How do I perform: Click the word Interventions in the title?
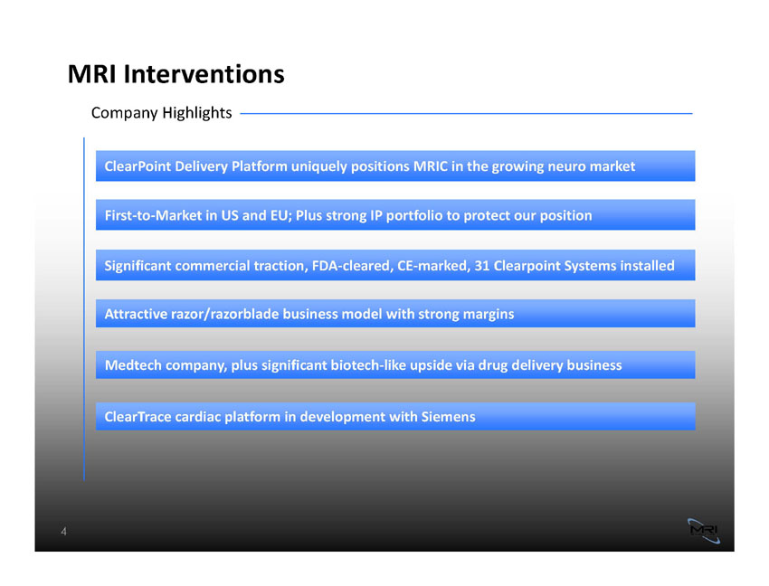(204, 74)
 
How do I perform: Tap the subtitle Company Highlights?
(161, 113)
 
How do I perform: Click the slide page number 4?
(63, 532)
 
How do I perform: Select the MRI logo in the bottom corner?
(704, 531)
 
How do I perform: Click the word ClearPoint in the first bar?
(138, 166)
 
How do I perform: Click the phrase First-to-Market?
(154, 216)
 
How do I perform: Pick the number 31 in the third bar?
(481, 266)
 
